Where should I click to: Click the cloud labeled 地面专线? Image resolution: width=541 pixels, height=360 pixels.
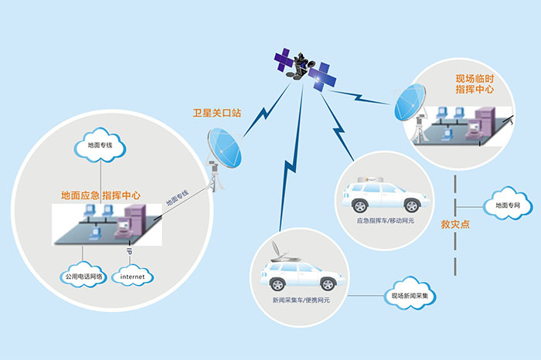point(100,144)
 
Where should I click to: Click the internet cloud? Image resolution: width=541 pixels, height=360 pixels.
point(132,275)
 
